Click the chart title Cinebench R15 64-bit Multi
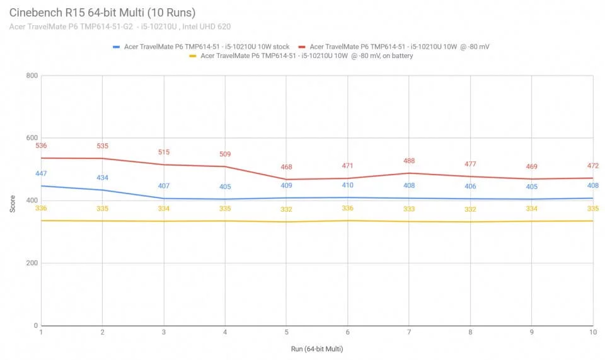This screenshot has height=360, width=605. point(102,13)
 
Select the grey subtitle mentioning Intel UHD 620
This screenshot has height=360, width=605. point(120,26)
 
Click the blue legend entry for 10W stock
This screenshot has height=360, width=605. point(201,47)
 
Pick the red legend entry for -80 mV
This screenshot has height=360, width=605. point(394,47)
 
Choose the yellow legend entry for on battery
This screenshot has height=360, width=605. point(301,56)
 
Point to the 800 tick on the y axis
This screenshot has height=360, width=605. point(32,76)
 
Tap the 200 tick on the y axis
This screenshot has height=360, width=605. point(32,263)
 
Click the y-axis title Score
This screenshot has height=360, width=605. point(13,204)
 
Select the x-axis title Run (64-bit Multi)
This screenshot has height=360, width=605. point(317,349)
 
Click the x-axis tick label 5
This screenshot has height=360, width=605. point(286,332)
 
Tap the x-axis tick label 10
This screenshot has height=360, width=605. point(592,332)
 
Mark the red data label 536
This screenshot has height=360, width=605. point(41,146)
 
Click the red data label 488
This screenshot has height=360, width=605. point(409,161)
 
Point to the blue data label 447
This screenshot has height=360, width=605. point(41,173)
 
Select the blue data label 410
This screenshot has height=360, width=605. point(348,185)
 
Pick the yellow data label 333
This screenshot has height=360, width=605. point(409,209)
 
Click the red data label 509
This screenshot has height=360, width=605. point(225,154)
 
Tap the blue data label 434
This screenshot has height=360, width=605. point(102,178)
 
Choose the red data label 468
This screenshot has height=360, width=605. point(286,166)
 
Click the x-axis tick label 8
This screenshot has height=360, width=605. point(470,332)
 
